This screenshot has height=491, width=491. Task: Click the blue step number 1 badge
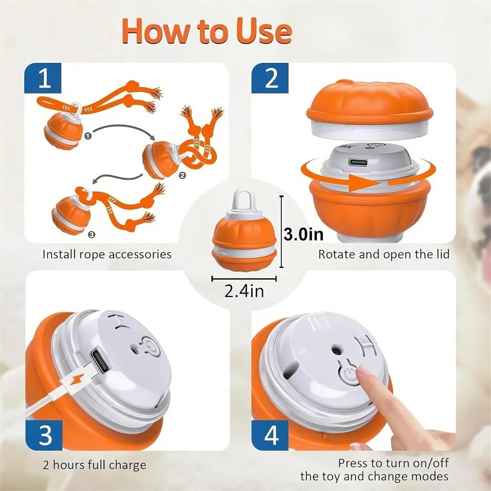[x=43, y=78]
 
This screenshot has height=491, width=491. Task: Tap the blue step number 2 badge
[x=270, y=78]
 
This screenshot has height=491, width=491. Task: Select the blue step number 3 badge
[x=44, y=435]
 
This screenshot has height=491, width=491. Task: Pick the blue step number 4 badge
[x=270, y=435]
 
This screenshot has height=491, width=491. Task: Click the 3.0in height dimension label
[x=303, y=234]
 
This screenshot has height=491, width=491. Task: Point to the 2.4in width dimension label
[x=244, y=291]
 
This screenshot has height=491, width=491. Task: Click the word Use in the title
[x=264, y=31]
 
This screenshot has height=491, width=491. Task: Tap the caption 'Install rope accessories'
[x=107, y=254]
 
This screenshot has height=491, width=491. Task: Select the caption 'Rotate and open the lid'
[x=383, y=254]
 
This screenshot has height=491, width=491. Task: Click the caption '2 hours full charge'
[x=95, y=465]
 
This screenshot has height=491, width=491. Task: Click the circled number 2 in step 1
[x=182, y=175]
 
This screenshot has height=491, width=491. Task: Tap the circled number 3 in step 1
[x=91, y=235]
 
